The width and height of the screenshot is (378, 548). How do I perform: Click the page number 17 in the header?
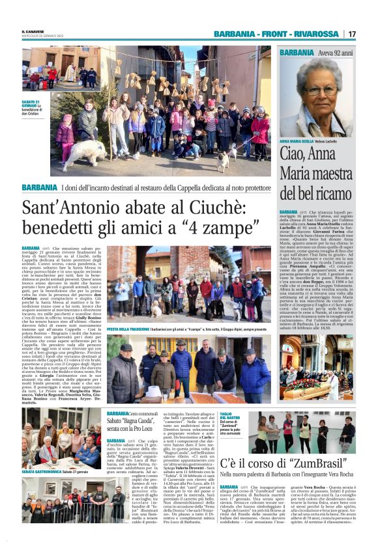click(352, 34)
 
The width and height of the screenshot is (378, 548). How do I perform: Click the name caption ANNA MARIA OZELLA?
click(297, 141)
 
